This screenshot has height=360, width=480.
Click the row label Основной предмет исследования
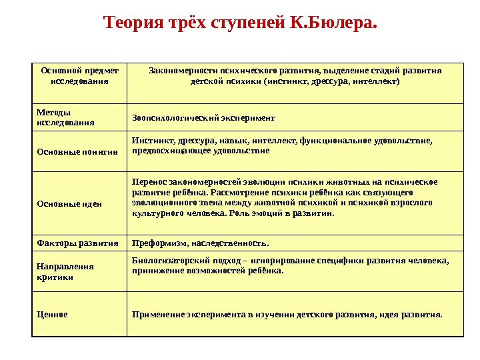tap(79, 75)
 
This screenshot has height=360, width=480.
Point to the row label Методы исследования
tap(65, 117)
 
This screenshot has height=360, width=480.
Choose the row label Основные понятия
tap(77, 152)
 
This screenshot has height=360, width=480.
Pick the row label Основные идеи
tap(69, 203)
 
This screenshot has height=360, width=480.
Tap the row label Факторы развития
tap(77, 243)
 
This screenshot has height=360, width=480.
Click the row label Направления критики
tap(65, 271)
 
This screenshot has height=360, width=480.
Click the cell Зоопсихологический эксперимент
tap(203, 118)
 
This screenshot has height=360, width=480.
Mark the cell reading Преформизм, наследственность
tap(201, 243)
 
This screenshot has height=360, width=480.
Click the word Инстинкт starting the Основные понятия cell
tap(152, 141)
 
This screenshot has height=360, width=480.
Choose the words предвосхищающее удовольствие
tap(201, 151)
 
